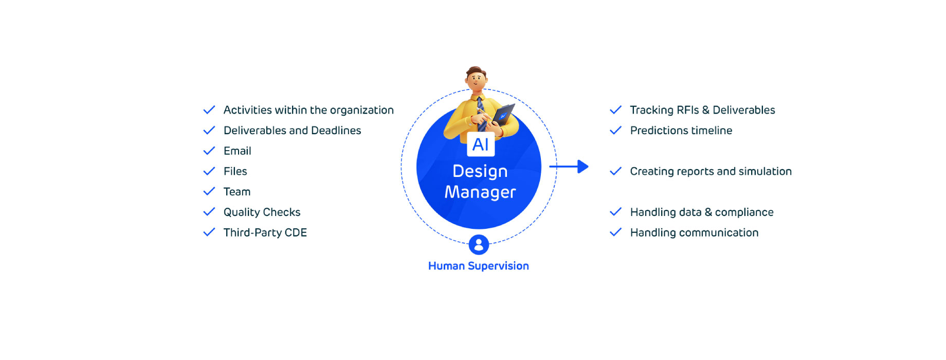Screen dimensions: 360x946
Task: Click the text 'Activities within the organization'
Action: (308, 110)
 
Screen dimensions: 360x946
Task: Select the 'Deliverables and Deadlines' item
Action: (292, 131)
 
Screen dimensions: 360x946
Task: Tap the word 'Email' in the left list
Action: (237, 151)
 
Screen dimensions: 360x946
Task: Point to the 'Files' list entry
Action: (235, 171)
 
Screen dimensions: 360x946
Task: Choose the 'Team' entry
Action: (236, 192)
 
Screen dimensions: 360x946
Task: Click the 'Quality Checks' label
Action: (262, 212)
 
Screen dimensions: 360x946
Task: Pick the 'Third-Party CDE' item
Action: (265, 232)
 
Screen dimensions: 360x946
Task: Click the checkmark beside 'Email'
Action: (209, 151)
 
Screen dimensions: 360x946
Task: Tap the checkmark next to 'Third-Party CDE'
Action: (209, 232)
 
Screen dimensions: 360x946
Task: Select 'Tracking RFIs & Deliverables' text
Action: (702, 110)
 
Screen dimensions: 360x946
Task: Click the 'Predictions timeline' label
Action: (681, 131)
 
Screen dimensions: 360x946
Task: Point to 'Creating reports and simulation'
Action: (711, 171)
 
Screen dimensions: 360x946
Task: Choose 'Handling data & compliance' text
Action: (701, 212)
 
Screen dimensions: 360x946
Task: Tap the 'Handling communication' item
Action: (694, 232)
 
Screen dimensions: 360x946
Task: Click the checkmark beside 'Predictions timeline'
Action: (615, 131)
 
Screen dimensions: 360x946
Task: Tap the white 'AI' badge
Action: (481, 145)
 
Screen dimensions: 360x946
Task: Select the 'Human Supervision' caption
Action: (478, 266)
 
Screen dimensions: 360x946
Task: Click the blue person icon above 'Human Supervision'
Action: (479, 245)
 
